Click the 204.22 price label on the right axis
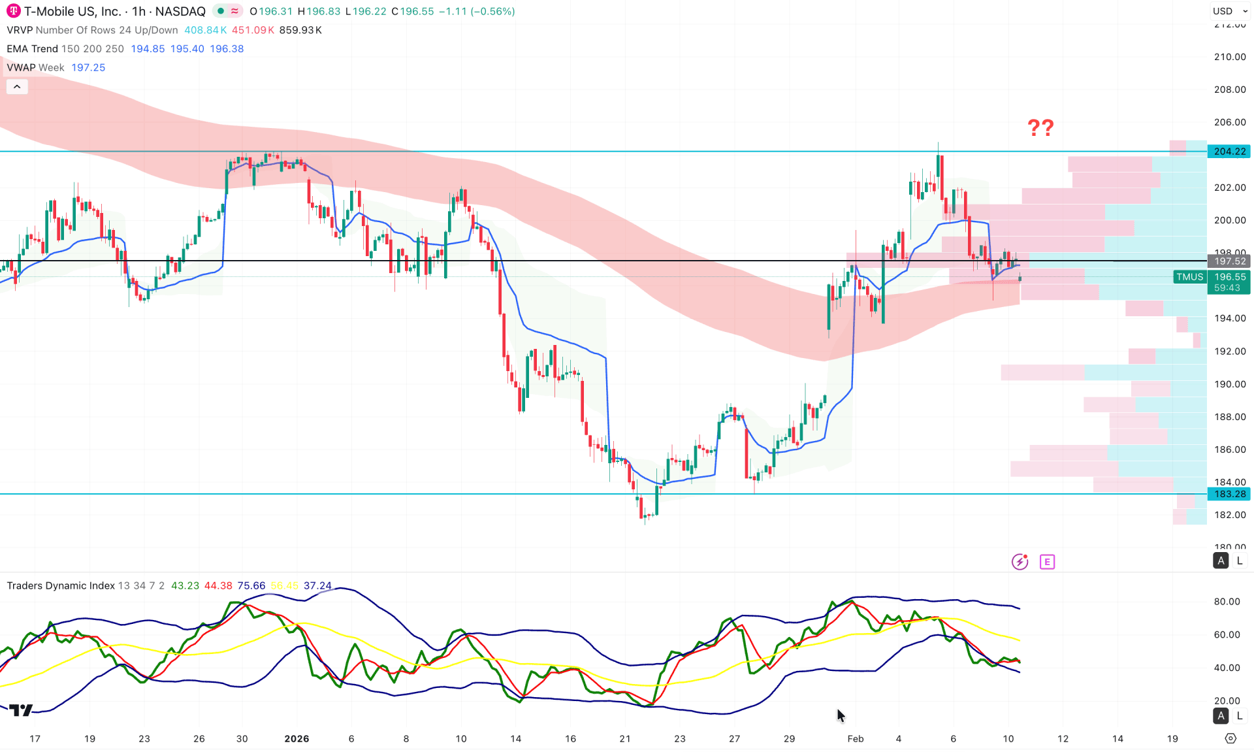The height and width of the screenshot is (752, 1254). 1229,152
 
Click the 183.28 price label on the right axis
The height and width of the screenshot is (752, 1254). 1229,494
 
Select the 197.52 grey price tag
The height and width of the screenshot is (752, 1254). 1229,261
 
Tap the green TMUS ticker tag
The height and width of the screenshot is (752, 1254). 1189,277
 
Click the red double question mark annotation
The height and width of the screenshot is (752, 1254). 1040,127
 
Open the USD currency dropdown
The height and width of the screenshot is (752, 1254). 1230,11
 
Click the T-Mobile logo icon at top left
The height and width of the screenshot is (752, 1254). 13,11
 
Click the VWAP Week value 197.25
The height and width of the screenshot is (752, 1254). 88,67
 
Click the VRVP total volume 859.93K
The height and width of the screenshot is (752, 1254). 300,30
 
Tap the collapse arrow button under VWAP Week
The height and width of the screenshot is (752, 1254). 17,86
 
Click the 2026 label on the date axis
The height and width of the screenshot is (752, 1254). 297,738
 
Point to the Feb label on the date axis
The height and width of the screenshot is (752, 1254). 855,738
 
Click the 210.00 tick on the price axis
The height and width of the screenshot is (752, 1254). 1229,57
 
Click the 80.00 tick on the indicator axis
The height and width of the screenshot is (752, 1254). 1227,602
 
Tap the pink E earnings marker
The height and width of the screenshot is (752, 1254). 1047,562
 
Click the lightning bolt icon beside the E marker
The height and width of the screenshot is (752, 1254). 1020,562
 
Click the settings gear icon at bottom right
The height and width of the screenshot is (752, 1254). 1230,738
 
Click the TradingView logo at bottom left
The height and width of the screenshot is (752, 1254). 22,710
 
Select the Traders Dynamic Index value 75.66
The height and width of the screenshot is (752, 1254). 251,585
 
